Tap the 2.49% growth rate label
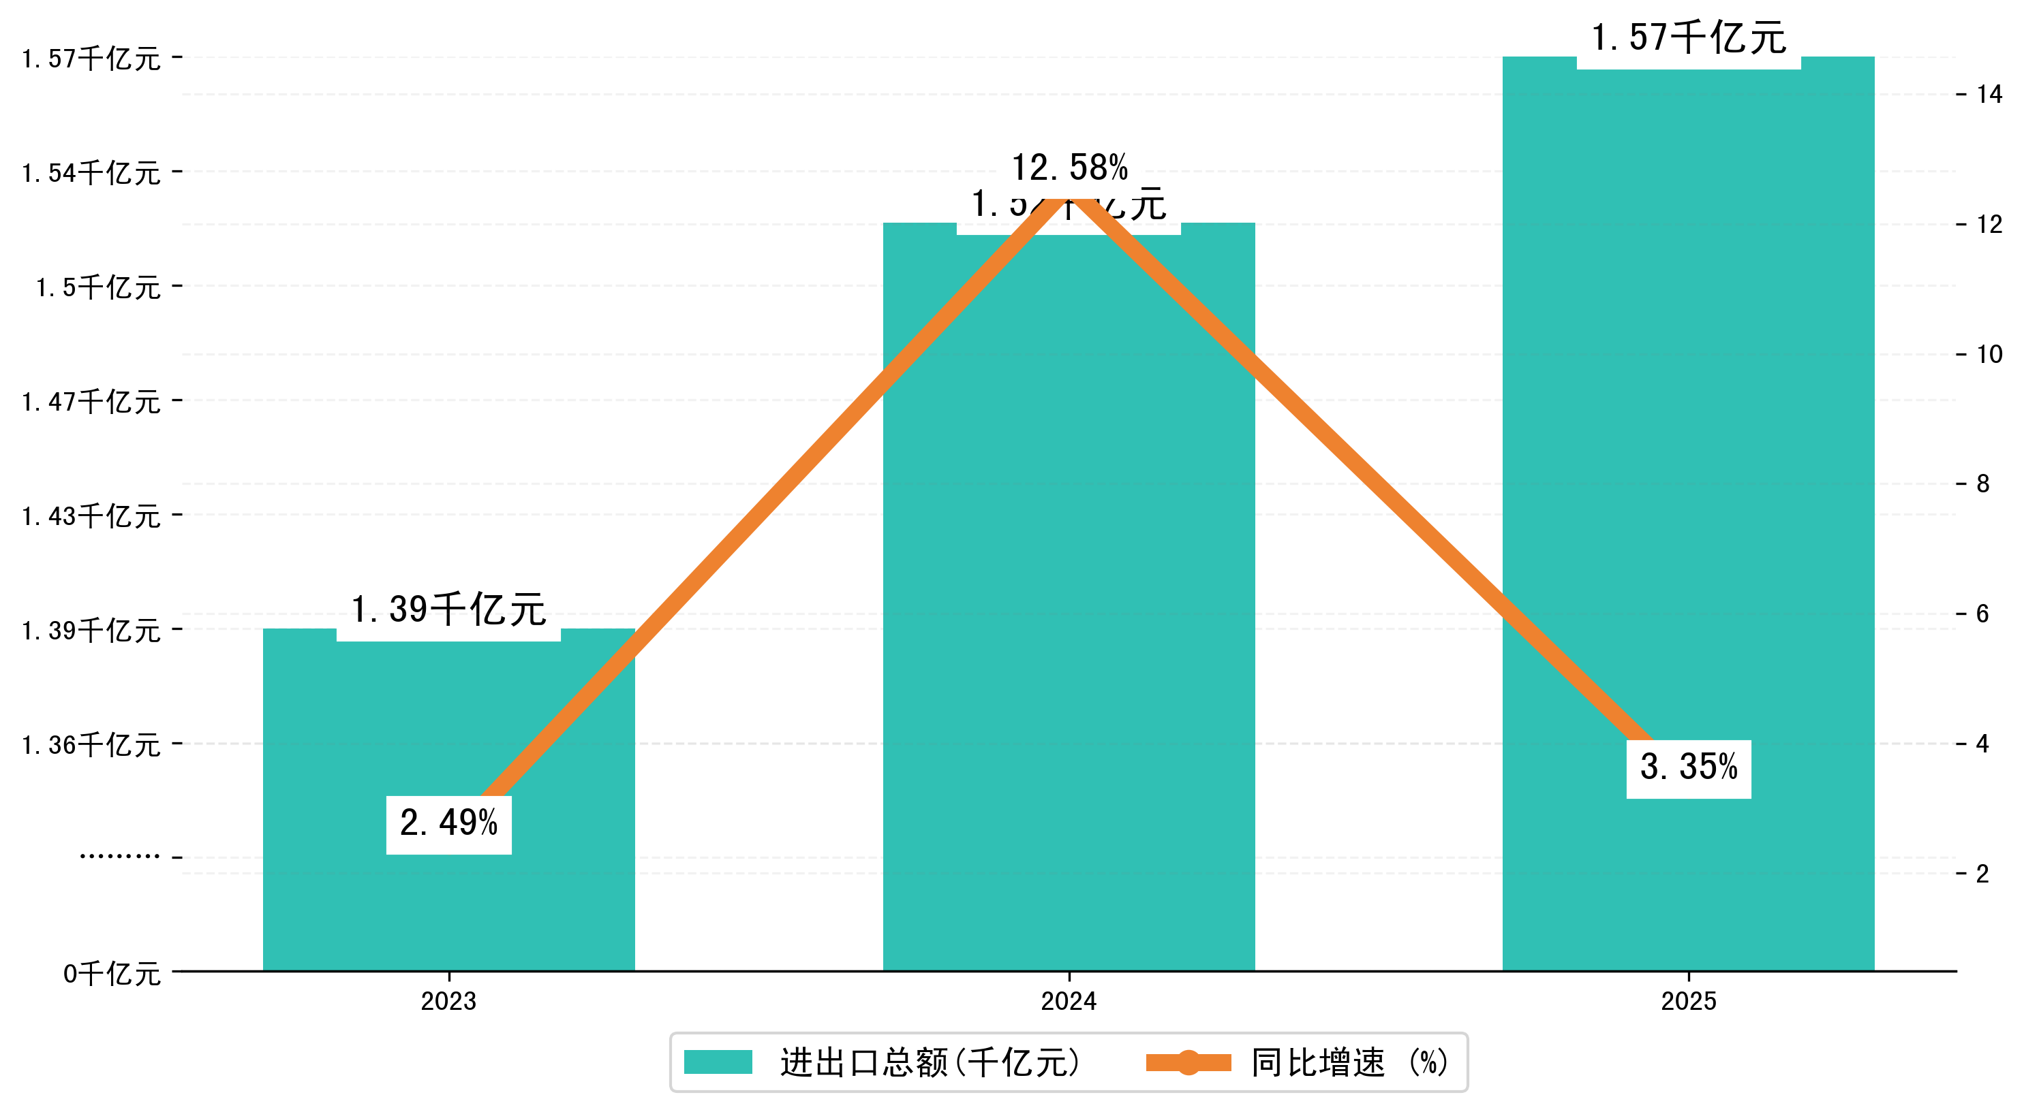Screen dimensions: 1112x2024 click(448, 824)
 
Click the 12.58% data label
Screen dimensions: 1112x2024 click(1069, 168)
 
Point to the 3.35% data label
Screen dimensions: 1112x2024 click(1688, 768)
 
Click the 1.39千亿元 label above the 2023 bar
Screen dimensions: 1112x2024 click(448, 611)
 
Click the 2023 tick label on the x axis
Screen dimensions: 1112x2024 click(448, 1001)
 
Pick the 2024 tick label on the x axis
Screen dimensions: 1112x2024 click(1069, 1001)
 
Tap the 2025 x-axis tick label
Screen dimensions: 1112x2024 click(1688, 1001)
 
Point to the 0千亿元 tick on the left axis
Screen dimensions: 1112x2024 click(112, 974)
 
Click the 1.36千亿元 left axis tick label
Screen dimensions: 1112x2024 click(91, 744)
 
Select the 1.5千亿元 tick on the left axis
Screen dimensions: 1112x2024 click(98, 287)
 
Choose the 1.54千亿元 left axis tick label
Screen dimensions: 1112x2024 click(91, 173)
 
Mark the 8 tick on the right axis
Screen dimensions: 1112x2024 click(1983, 483)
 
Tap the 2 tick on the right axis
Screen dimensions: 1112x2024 click(1983, 873)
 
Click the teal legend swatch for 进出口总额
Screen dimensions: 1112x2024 click(718, 1062)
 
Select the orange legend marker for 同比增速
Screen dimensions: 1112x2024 click(1188, 1062)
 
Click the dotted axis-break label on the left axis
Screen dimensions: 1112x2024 click(119, 856)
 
